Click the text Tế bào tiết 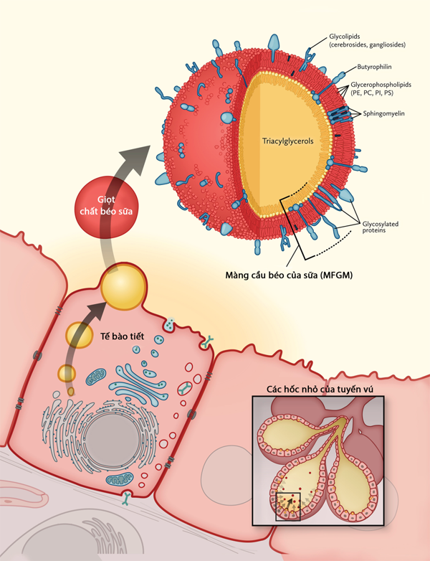(x=116, y=334)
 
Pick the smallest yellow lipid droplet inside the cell (x=67, y=373)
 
